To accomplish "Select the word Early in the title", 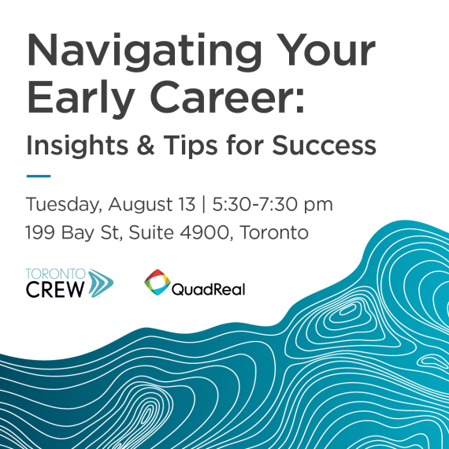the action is (81, 99).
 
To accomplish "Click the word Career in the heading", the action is (227, 97).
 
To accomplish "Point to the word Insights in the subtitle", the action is (77, 146).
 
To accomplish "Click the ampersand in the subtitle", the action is (146, 145).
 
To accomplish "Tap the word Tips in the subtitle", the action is (191, 146).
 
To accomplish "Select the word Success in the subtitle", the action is (324, 145).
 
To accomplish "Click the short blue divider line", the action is (39, 176).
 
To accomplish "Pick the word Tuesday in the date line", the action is (64, 205).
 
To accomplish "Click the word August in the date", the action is (140, 205).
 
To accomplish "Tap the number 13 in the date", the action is (187, 204).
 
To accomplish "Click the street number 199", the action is (40, 232).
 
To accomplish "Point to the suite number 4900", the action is (204, 232).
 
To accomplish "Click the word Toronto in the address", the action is (274, 232).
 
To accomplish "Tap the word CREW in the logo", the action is (55, 289).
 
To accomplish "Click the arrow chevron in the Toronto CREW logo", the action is (101, 284).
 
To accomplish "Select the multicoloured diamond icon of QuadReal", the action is (158, 282).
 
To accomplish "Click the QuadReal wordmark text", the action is (208, 289).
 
